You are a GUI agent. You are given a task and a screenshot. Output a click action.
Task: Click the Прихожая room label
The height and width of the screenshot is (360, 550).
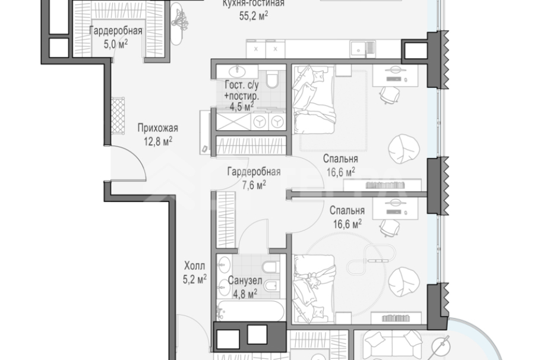click(x=157, y=128)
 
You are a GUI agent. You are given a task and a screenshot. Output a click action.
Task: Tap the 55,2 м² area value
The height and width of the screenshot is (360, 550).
click(x=254, y=16)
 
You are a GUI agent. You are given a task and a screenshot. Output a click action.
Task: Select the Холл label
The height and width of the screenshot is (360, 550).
click(x=194, y=266)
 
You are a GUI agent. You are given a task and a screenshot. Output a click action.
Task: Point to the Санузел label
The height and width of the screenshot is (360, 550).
click(x=245, y=281)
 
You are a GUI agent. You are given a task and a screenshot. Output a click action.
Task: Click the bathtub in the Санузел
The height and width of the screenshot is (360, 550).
click(x=251, y=310)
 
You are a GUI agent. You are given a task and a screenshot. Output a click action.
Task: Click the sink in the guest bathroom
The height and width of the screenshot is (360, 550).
click(x=238, y=71)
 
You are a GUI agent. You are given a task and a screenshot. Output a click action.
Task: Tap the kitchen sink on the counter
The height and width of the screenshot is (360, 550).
click(x=358, y=49)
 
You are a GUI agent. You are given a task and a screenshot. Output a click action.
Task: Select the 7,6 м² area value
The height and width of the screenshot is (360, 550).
click(x=254, y=185)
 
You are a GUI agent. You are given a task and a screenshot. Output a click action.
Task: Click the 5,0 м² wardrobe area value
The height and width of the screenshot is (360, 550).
click(x=115, y=44)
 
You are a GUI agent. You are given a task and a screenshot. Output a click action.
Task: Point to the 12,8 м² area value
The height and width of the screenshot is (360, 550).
click(x=158, y=141)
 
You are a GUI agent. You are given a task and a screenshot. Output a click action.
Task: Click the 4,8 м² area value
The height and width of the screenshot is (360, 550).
click(x=245, y=293)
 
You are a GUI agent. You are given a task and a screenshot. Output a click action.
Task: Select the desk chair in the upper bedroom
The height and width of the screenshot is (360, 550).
click(x=390, y=94)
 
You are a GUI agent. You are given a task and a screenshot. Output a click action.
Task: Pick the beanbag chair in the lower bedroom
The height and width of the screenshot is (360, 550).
click(x=404, y=282)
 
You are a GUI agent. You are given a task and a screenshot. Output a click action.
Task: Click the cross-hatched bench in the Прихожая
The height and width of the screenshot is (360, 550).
click(x=118, y=116)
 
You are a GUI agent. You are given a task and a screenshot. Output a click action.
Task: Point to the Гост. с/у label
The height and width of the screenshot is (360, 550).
click(x=242, y=85)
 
